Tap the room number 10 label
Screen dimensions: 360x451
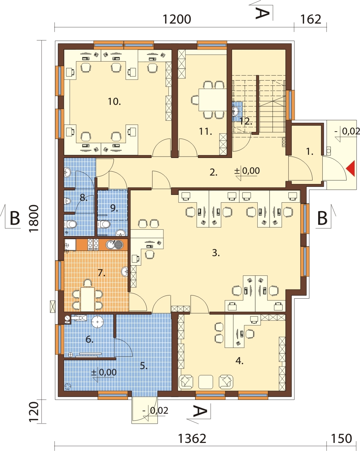pos(114,102)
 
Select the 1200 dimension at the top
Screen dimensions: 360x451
pos(176,19)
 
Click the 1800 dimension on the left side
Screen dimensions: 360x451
pos(34,218)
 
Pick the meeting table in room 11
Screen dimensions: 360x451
pos(213,100)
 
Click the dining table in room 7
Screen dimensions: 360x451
pos(88,300)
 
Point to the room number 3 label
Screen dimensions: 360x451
pos(216,253)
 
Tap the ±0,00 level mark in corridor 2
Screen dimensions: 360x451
pos(247,171)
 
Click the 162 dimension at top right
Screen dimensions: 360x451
pos(310,19)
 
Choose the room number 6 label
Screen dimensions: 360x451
pos(89,339)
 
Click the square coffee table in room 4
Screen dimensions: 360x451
pos(206,382)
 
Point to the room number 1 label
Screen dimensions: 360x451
pos(310,152)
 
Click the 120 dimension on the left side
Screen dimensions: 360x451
pos(34,412)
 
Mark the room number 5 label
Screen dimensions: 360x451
pos(144,366)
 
